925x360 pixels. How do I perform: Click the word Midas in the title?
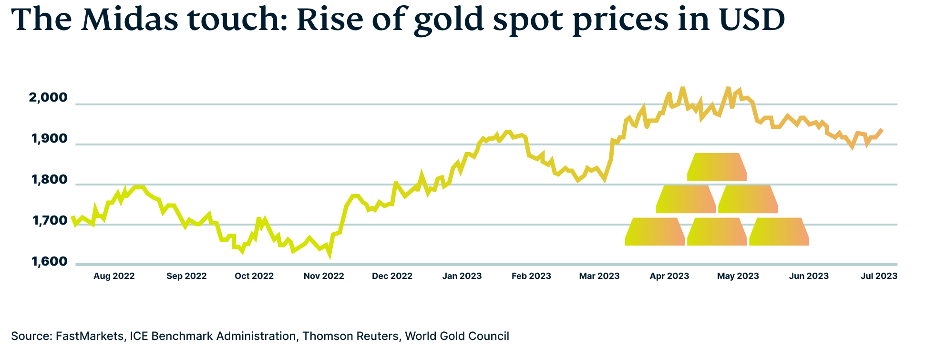131,20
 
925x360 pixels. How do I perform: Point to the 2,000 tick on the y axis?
48,98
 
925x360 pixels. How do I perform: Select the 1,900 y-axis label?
49,139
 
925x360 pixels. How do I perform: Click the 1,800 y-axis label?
49,180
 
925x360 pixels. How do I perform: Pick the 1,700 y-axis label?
49,221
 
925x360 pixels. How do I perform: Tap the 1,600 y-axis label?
49,262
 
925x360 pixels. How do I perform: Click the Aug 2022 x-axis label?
114,276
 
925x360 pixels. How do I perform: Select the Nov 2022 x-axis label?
324,276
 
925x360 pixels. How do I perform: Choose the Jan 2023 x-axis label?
462,276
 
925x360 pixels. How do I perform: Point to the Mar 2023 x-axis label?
599,276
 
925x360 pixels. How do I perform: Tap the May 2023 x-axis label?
738,276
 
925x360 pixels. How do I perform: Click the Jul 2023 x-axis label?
879,276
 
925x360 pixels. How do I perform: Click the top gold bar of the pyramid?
717,167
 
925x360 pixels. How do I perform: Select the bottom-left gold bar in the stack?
655,232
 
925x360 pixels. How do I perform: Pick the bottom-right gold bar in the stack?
779,232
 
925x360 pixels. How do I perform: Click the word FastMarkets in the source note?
89,336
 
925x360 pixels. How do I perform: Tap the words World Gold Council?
457,336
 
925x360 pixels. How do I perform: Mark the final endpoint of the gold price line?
882,130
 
